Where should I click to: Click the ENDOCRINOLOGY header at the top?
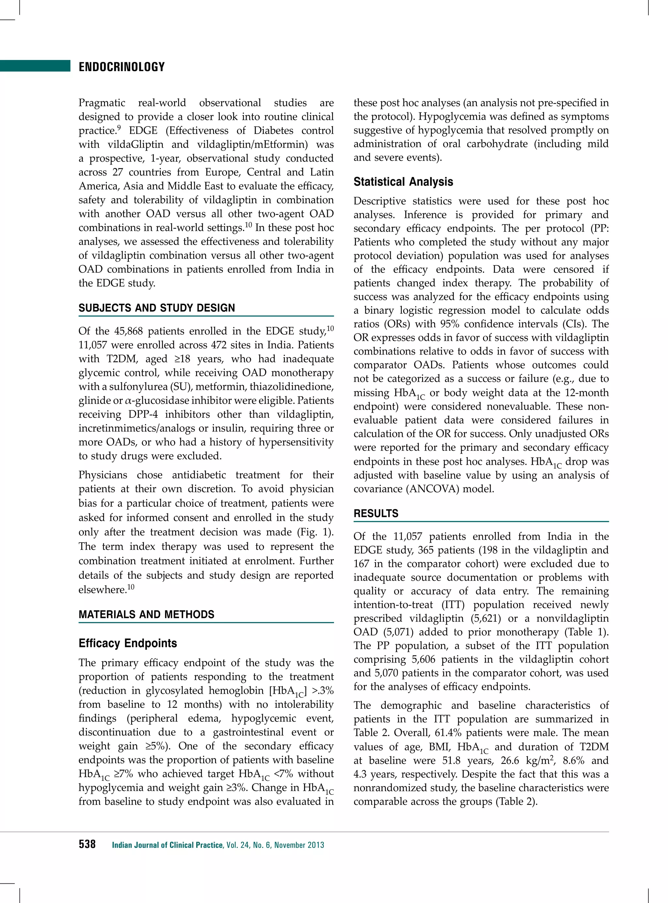122,67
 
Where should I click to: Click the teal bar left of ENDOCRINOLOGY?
35,66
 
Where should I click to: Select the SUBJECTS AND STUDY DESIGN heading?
157,308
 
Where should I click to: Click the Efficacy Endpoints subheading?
128,643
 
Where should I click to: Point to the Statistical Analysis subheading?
403,182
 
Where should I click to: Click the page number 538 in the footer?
87,844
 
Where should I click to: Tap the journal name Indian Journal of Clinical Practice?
167,845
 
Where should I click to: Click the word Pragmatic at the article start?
102,103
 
